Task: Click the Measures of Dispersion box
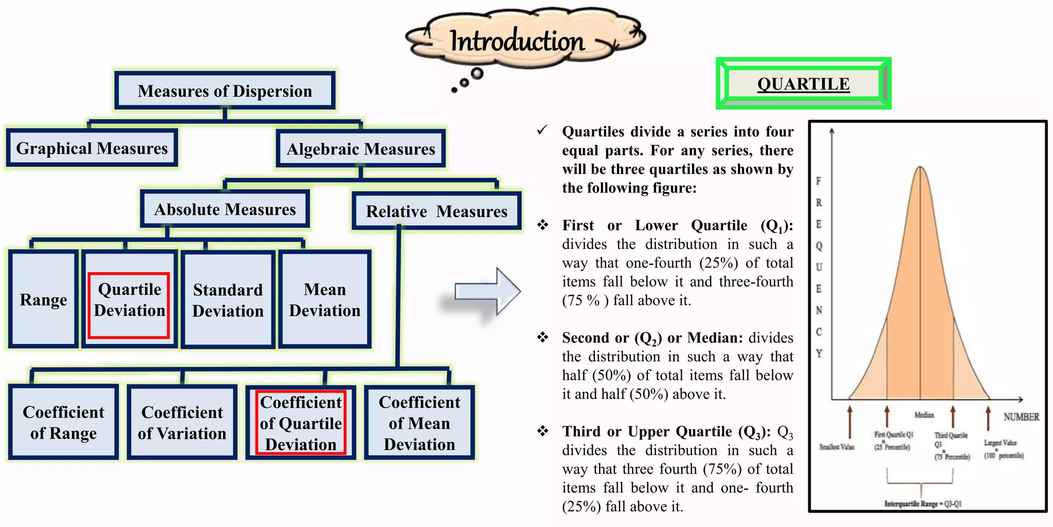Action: (x=225, y=91)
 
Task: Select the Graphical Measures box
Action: (x=92, y=148)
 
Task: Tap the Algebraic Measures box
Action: (x=360, y=149)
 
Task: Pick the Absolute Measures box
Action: (x=225, y=209)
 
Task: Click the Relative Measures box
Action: (x=437, y=212)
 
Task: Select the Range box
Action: (x=44, y=300)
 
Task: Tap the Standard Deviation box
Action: (x=228, y=300)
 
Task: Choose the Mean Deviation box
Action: (x=325, y=300)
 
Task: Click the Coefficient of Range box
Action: (x=64, y=423)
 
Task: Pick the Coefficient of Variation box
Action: (x=182, y=423)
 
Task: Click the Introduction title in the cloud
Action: (x=517, y=41)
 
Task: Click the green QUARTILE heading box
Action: (x=803, y=83)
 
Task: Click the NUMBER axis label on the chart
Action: (x=1021, y=417)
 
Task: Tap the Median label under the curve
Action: (x=924, y=415)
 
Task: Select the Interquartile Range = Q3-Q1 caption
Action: (x=922, y=504)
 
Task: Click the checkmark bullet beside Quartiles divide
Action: (x=542, y=130)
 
